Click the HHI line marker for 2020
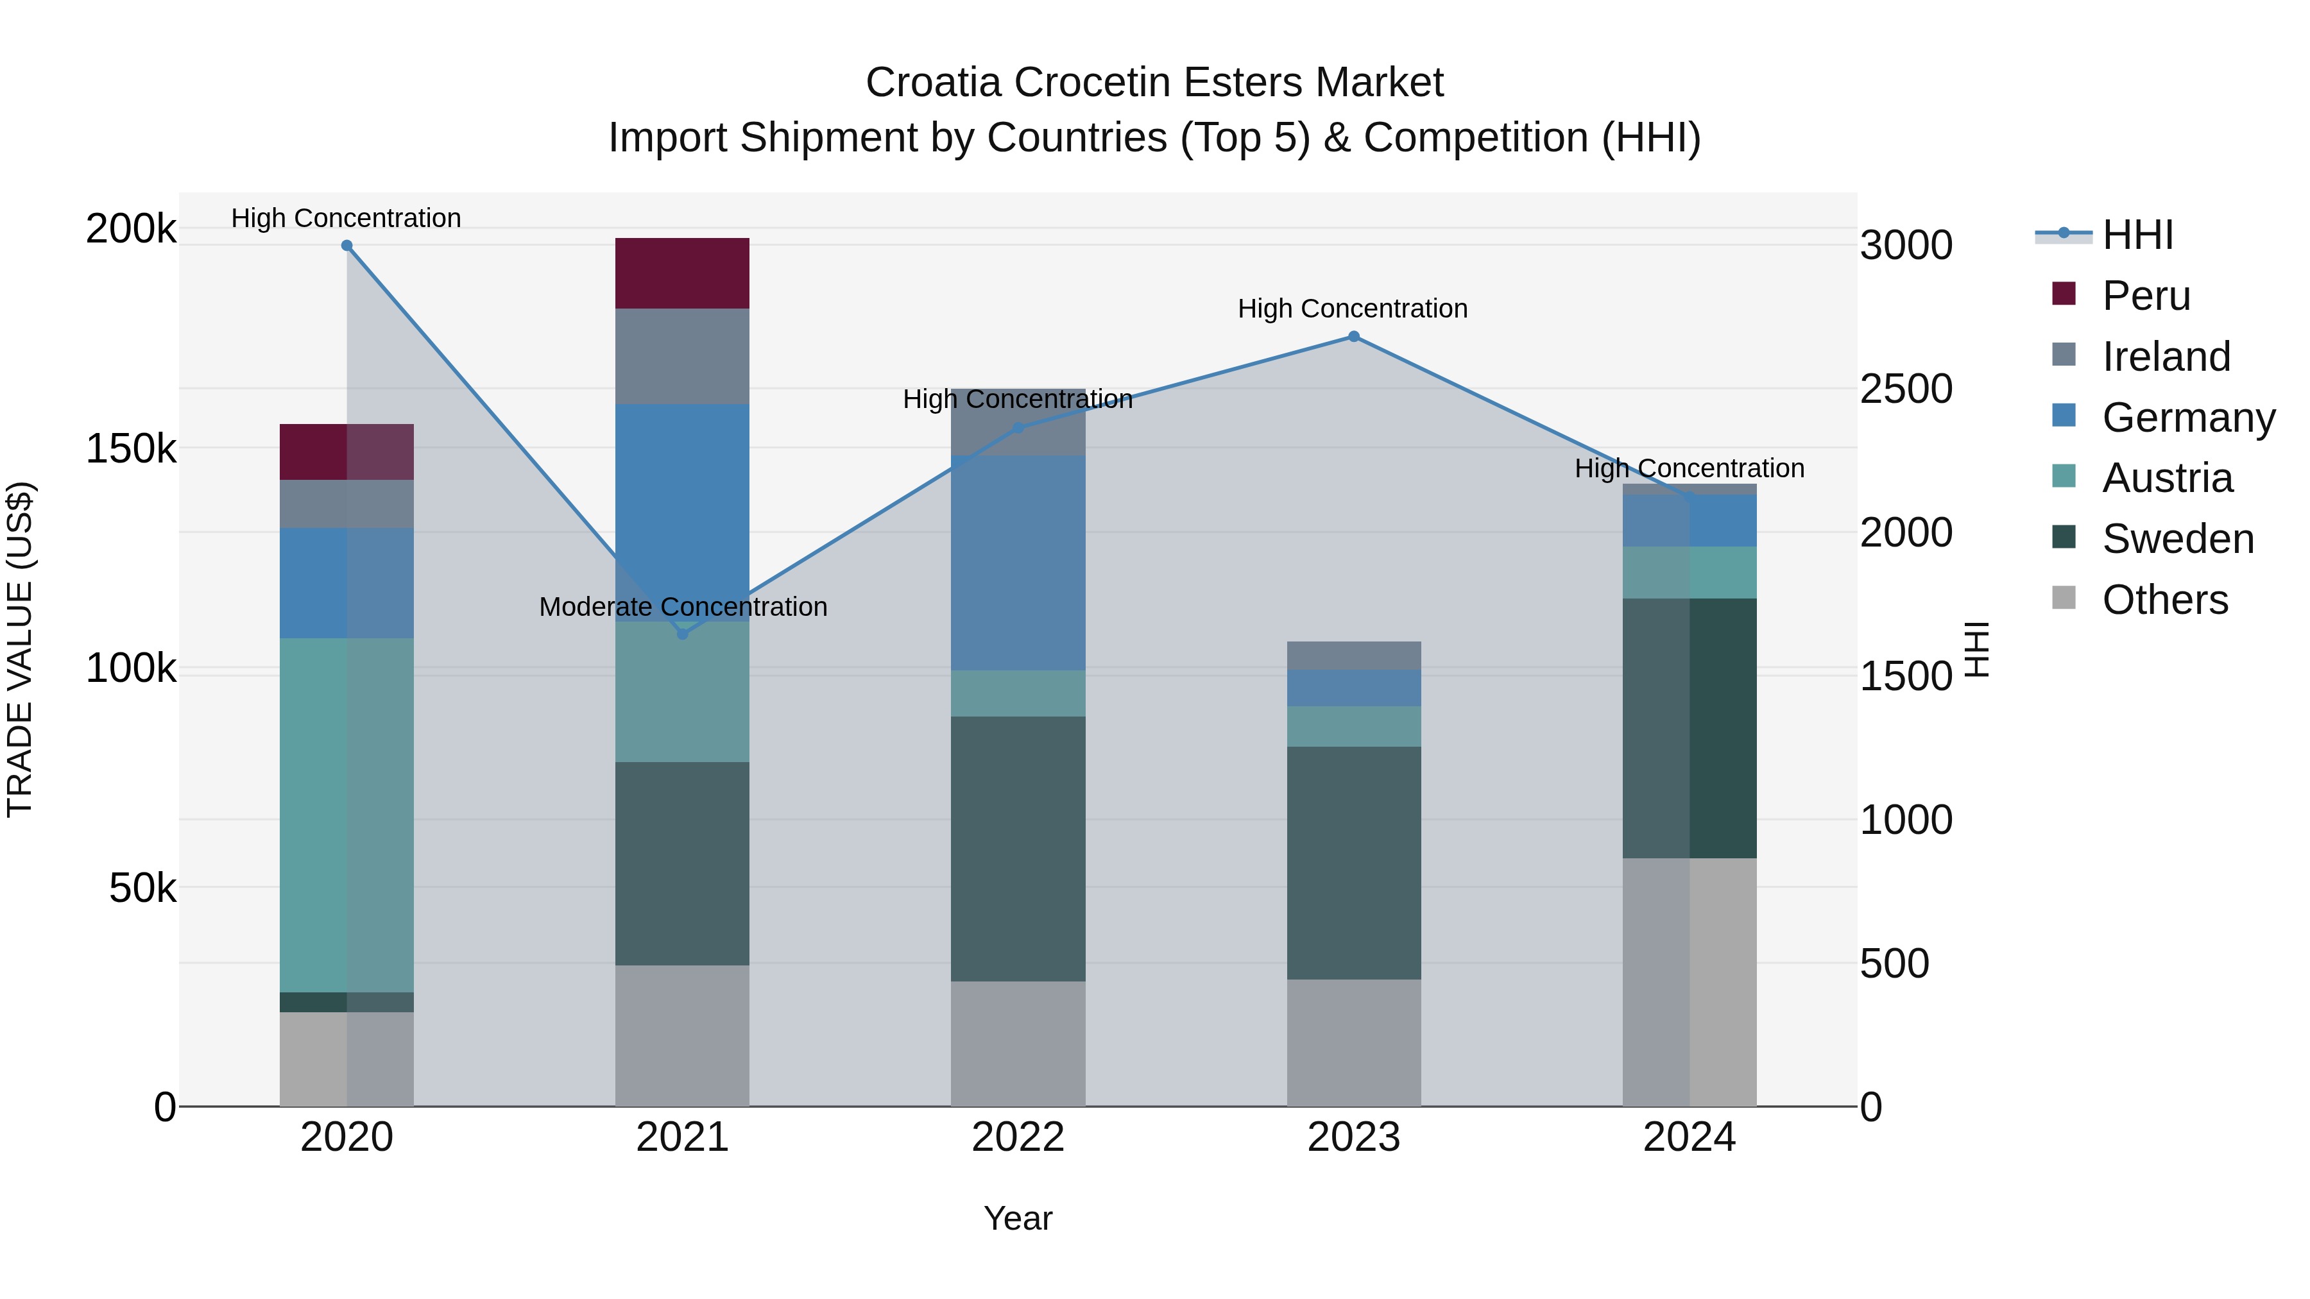[x=347, y=246]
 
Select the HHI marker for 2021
[x=683, y=634]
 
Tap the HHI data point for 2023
[x=1354, y=337]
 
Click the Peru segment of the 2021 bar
[x=683, y=273]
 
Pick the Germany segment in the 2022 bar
[x=1018, y=563]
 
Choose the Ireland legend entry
[x=2166, y=357]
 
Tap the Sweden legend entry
[x=2177, y=539]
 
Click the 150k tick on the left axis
[x=131, y=448]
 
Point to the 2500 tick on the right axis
[x=1906, y=389]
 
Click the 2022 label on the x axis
[x=1018, y=1137]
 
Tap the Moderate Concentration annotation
[x=683, y=607]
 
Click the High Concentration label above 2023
[x=1352, y=309]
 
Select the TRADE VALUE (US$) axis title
[x=20, y=649]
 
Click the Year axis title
[x=1018, y=1218]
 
